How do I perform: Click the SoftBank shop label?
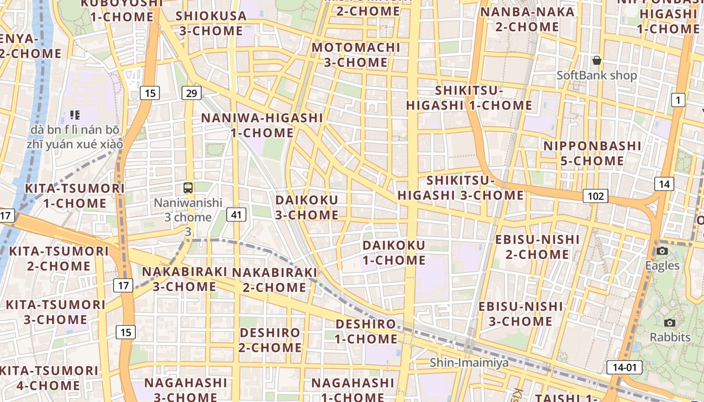click(x=596, y=75)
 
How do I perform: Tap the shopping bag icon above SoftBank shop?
click(x=597, y=61)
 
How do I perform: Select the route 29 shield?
click(x=191, y=93)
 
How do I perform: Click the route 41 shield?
click(x=236, y=215)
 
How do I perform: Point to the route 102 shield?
click(x=595, y=196)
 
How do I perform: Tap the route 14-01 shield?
click(x=624, y=367)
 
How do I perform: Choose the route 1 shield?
click(x=678, y=100)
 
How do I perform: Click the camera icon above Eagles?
click(x=662, y=251)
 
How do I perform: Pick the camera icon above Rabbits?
click(x=669, y=323)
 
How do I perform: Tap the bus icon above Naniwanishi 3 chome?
click(x=188, y=188)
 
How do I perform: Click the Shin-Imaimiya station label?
click(x=469, y=363)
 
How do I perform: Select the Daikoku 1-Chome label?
click(x=394, y=253)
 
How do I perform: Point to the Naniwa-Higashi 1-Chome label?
click(x=262, y=125)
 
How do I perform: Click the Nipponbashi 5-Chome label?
click(x=592, y=153)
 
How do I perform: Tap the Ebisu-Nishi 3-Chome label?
click(x=520, y=314)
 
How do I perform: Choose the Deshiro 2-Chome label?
click(x=270, y=340)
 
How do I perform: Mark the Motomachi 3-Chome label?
click(x=356, y=55)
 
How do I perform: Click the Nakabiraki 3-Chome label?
click(x=185, y=279)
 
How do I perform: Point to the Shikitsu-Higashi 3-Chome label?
click(x=461, y=188)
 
